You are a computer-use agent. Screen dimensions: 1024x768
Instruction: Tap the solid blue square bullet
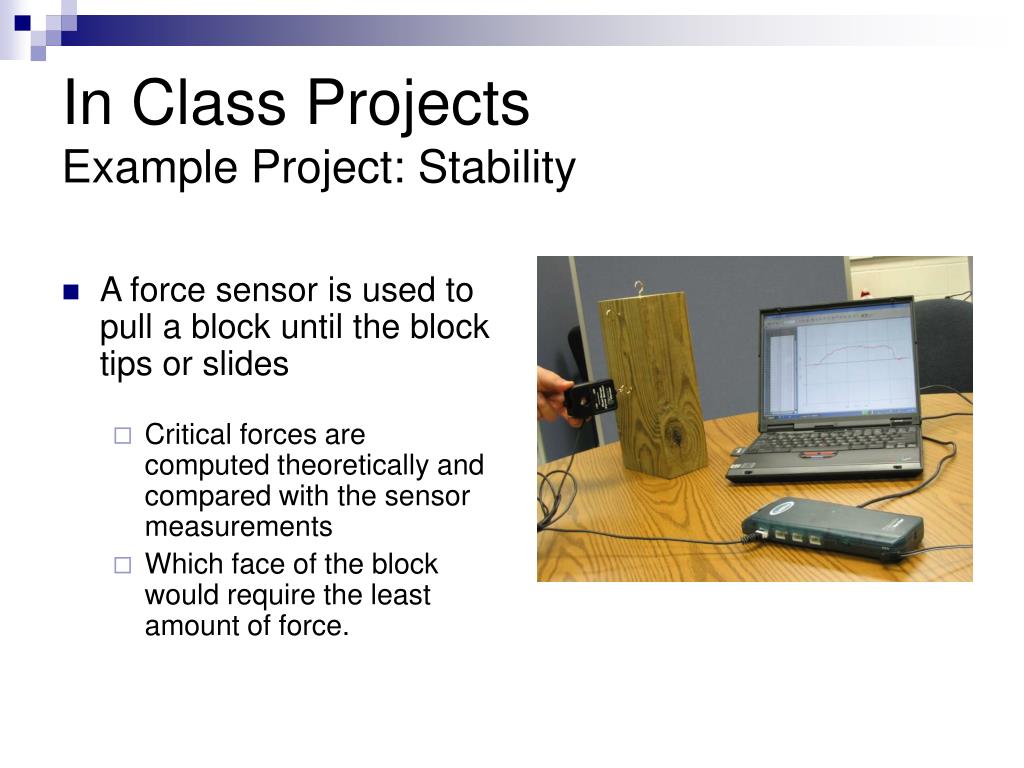point(71,291)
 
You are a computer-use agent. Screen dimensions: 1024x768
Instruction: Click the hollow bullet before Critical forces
point(123,436)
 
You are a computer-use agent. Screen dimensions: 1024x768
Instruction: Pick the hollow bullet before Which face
point(123,565)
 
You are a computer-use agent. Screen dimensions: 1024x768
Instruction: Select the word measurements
point(238,526)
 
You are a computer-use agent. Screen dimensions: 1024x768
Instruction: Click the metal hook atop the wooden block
point(639,288)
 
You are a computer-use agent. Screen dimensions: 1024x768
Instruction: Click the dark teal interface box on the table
point(833,528)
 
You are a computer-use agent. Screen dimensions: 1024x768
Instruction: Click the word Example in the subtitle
point(150,169)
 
